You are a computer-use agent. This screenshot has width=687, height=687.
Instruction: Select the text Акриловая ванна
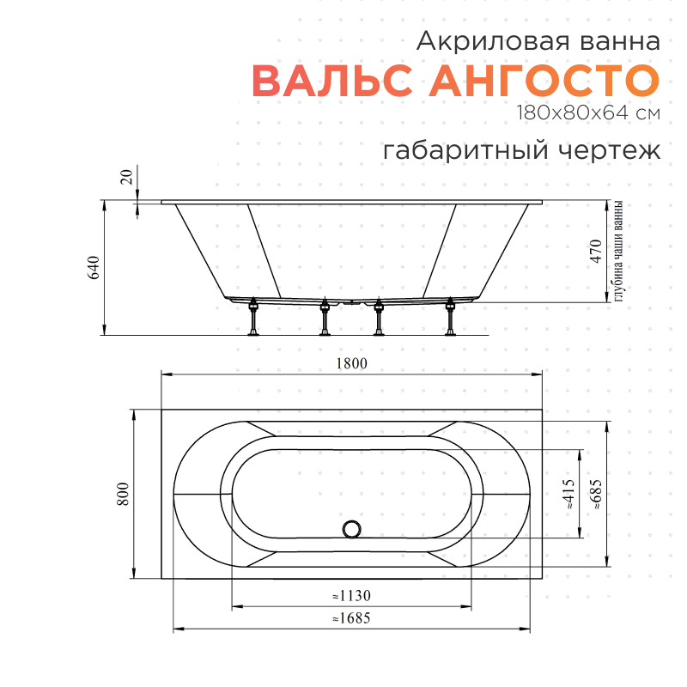538,40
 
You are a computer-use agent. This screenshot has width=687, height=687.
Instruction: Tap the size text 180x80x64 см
588,112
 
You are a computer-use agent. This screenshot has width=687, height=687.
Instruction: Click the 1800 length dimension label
351,363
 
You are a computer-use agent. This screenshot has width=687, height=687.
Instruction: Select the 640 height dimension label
94,267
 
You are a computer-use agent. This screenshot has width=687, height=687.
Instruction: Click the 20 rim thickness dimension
126,178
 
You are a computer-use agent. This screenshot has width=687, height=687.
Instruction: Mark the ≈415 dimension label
569,495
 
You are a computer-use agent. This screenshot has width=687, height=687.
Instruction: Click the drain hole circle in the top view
353,529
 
